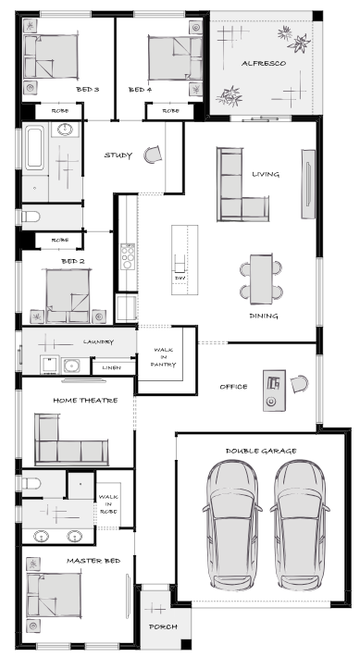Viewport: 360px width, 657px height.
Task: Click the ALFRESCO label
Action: (264, 63)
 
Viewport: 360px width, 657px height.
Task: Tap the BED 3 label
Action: (88, 89)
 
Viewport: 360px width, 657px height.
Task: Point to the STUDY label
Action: (118, 155)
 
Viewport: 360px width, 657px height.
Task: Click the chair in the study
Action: (153, 155)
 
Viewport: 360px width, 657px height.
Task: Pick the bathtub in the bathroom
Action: (34, 148)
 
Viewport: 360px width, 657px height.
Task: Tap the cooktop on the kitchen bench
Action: (128, 256)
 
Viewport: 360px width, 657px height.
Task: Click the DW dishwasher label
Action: (180, 279)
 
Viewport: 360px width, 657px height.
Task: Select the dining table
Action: (261, 279)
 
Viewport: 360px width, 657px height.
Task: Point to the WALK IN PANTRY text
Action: (164, 357)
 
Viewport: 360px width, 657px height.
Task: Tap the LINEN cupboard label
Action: (111, 367)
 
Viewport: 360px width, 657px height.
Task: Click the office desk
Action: (275, 390)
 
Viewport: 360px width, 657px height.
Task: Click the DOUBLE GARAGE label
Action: (261, 451)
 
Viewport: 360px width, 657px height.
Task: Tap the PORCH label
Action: (163, 626)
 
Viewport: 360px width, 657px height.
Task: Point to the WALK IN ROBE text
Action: (108, 504)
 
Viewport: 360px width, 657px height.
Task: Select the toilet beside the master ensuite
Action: (31, 484)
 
